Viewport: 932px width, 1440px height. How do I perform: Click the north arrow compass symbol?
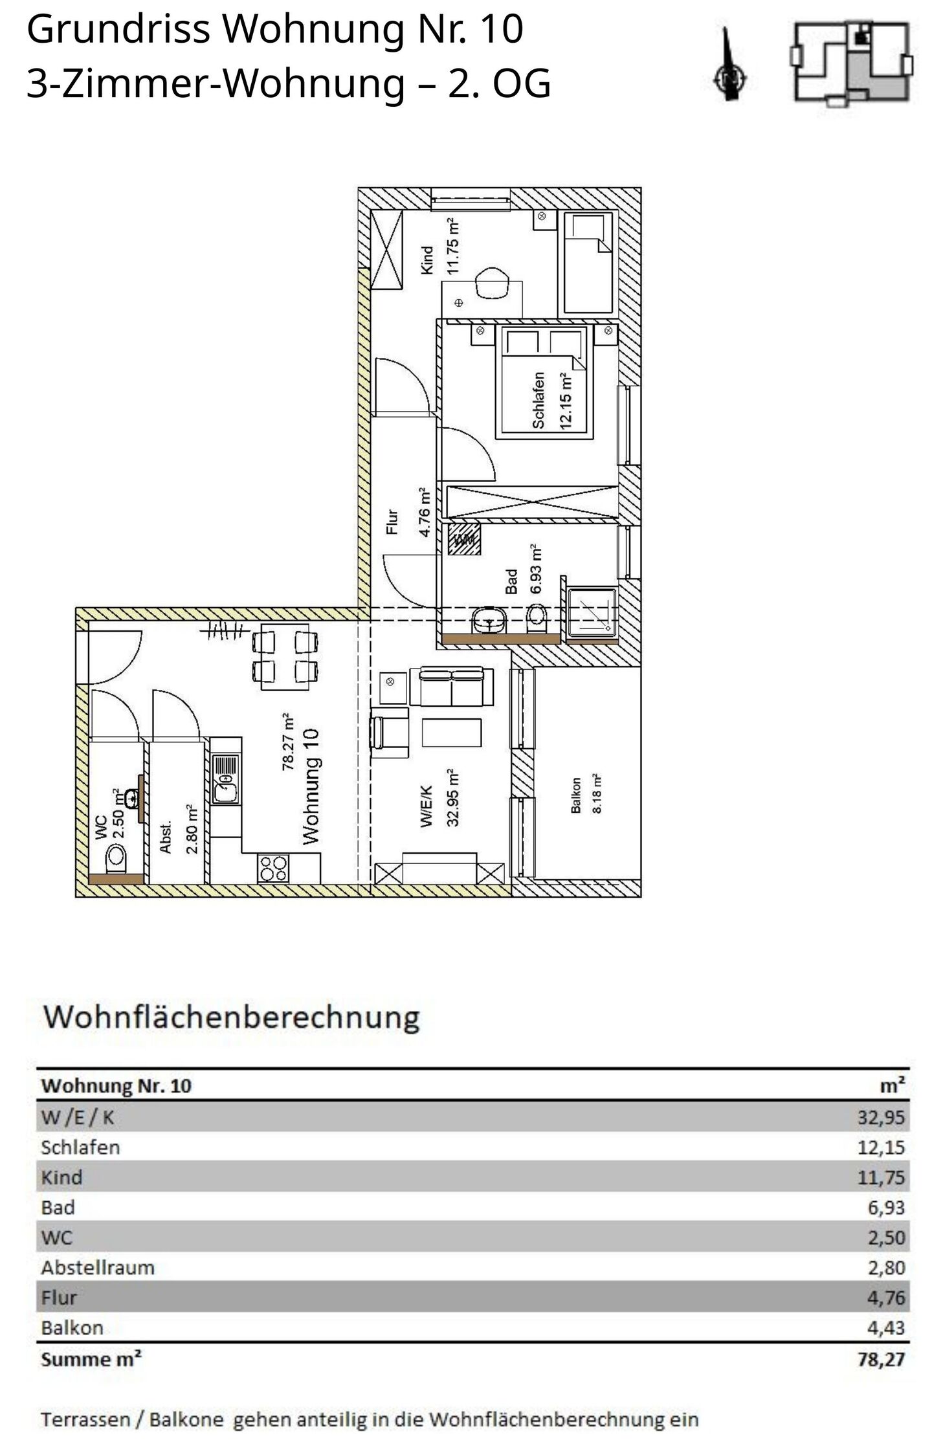coord(730,65)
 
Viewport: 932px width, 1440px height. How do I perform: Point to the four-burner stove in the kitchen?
coord(272,868)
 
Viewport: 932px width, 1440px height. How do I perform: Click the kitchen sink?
coord(225,780)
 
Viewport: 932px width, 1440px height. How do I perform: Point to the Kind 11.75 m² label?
coord(440,247)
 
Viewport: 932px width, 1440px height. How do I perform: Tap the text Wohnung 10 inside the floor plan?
coord(311,786)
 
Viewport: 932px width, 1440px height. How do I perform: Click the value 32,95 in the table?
coord(881,1117)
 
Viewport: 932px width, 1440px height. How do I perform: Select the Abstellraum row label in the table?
coord(98,1267)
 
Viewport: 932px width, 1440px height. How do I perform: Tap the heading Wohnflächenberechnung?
coord(231,1017)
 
